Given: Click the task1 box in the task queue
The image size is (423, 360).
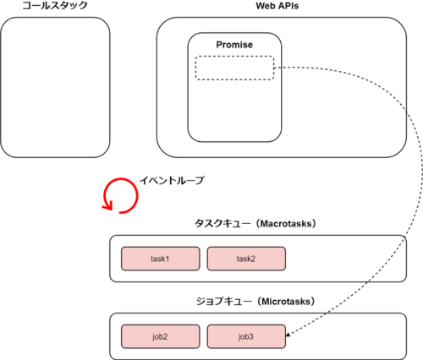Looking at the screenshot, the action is [x=161, y=259].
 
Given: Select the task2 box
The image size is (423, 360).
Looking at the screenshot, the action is [x=246, y=259].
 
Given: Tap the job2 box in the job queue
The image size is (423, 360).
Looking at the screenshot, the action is [x=161, y=336].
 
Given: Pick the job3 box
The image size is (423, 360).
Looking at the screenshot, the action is [x=246, y=336].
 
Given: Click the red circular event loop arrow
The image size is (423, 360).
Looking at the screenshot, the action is [x=137, y=195].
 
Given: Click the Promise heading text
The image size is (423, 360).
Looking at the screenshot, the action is [x=234, y=45].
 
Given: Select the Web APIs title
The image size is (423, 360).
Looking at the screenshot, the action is [x=277, y=6].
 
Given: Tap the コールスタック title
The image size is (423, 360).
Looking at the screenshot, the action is [x=55, y=5].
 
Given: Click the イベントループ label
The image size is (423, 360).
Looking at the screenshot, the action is [x=172, y=180].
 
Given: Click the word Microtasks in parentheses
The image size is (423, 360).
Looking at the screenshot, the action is [x=286, y=302].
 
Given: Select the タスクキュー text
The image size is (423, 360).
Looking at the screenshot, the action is [x=222, y=224].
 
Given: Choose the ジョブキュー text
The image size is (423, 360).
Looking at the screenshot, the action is [x=223, y=302].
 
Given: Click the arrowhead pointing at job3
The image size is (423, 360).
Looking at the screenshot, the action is [x=288, y=335].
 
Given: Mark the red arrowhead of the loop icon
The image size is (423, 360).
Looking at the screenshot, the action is [x=107, y=206].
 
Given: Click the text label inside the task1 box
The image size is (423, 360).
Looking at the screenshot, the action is [x=160, y=259].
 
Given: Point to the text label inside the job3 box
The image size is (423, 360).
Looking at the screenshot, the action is [x=245, y=336].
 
